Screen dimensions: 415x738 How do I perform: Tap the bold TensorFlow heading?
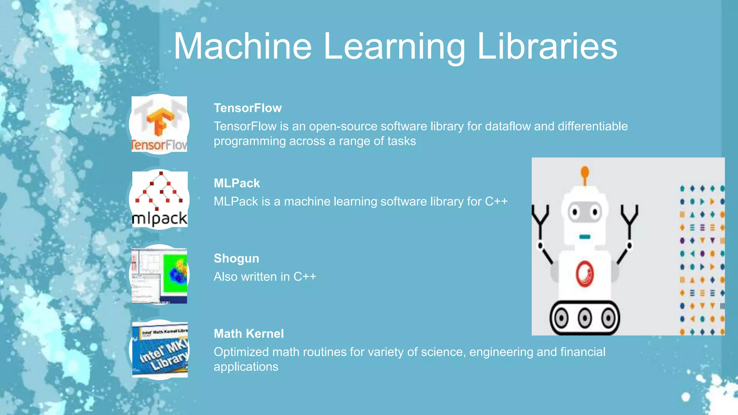click(248, 108)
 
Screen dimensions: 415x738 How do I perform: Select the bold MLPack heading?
click(236, 183)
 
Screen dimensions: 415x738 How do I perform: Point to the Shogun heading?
click(236, 258)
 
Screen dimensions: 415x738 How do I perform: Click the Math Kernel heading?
click(249, 334)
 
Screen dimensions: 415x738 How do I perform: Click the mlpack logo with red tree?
click(160, 199)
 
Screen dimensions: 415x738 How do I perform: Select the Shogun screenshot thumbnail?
click(159, 276)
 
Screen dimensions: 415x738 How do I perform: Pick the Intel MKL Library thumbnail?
click(160, 350)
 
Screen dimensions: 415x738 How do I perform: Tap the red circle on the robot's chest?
click(584, 273)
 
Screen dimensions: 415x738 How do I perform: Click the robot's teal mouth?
click(584, 237)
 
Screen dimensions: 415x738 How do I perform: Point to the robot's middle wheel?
click(584, 318)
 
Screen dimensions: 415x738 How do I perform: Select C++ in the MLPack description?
click(496, 201)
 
